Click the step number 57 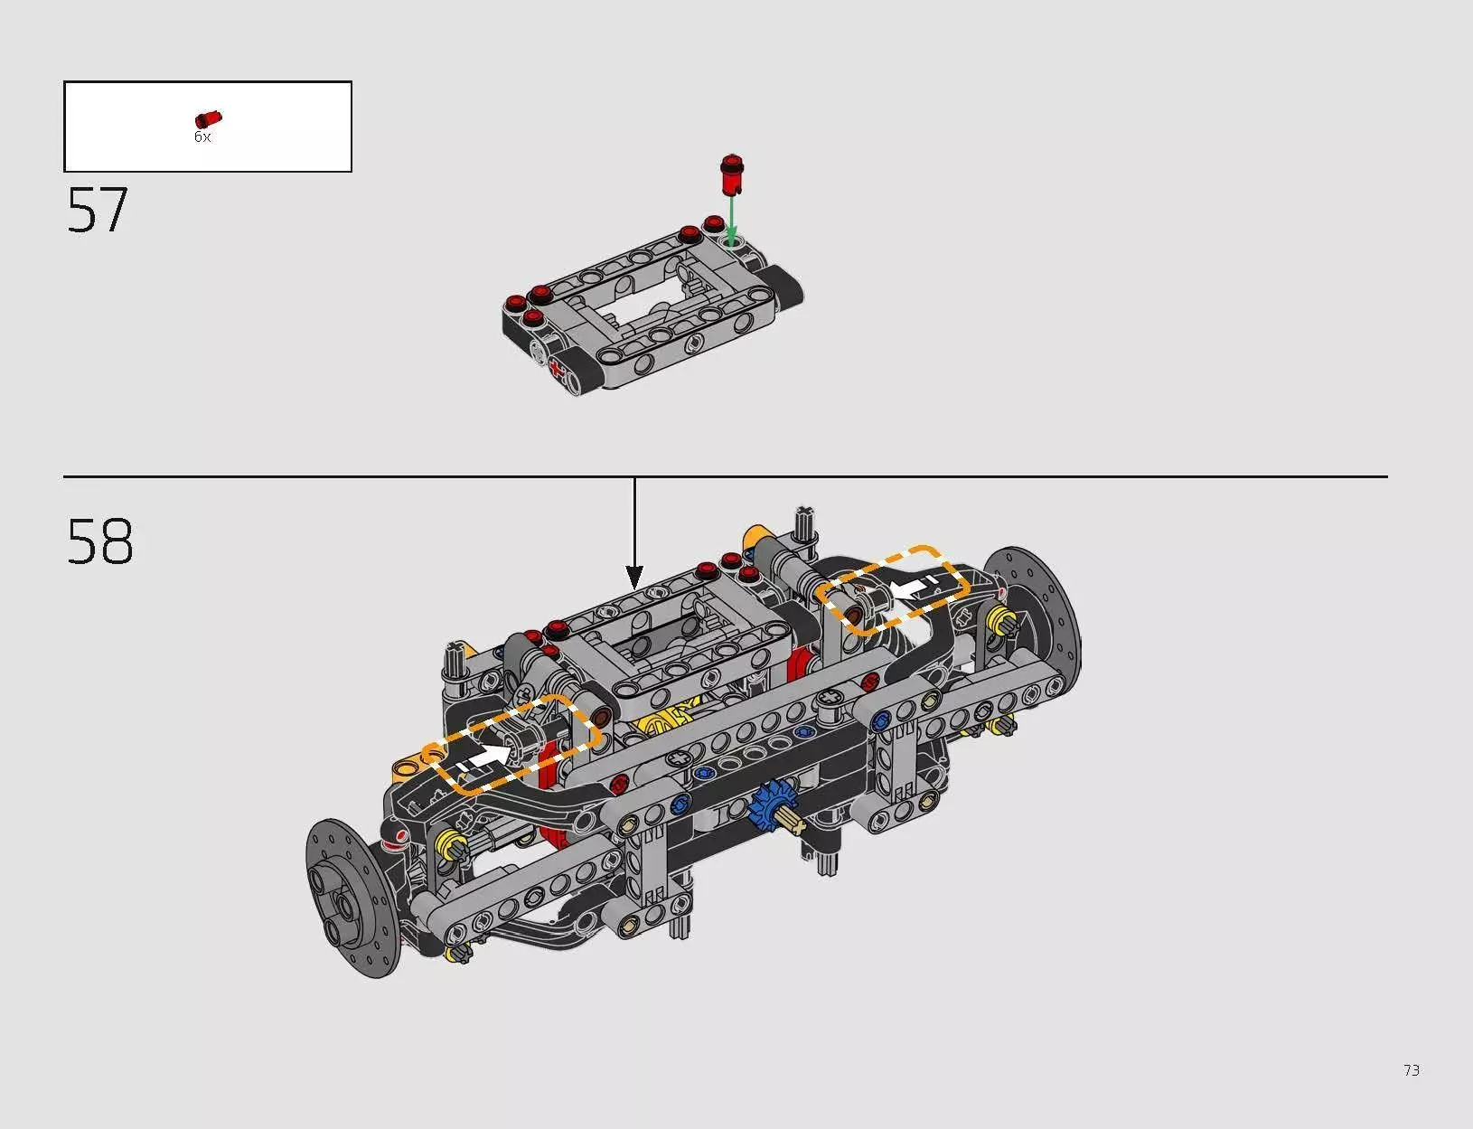[x=97, y=211]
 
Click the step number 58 [x=99, y=541]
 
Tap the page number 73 [x=1412, y=1070]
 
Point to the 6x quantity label [x=202, y=137]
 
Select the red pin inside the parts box [x=208, y=119]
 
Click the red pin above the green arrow [x=731, y=174]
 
